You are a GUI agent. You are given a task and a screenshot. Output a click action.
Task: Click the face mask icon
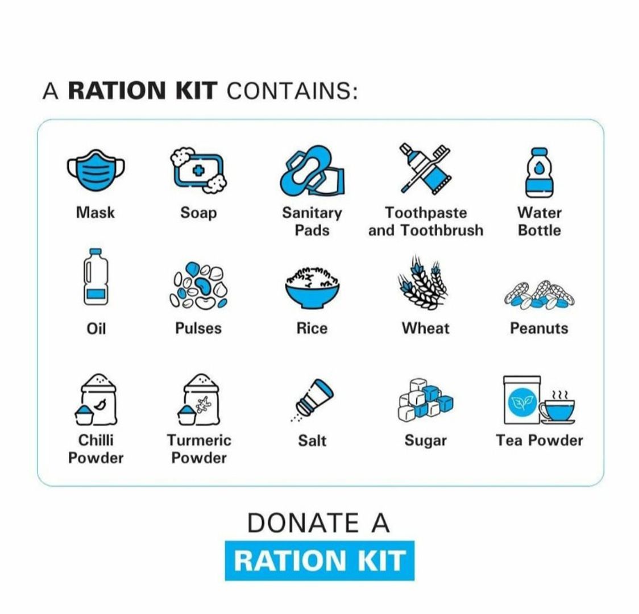(96, 171)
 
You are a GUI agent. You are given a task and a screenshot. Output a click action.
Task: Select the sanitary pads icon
(312, 171)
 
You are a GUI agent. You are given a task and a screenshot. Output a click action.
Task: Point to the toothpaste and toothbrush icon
(425, 168)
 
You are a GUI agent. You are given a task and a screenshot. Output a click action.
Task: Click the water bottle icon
(539, 173)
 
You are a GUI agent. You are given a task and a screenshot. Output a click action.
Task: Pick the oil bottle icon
(96, 277)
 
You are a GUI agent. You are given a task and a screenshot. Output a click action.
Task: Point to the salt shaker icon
(312, 400)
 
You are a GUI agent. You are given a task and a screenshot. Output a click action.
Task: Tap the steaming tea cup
(558, 408)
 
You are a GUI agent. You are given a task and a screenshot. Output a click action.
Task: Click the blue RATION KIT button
(319, 561)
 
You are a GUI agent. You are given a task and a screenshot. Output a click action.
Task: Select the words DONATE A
(318, 522)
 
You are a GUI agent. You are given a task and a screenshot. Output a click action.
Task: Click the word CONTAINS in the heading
(292, 90)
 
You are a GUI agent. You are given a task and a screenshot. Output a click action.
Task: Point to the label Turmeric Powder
(199, 449)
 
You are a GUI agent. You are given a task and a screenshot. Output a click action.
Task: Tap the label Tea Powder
(539, 441)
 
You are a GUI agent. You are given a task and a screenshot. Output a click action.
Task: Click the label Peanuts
(539, 329)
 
